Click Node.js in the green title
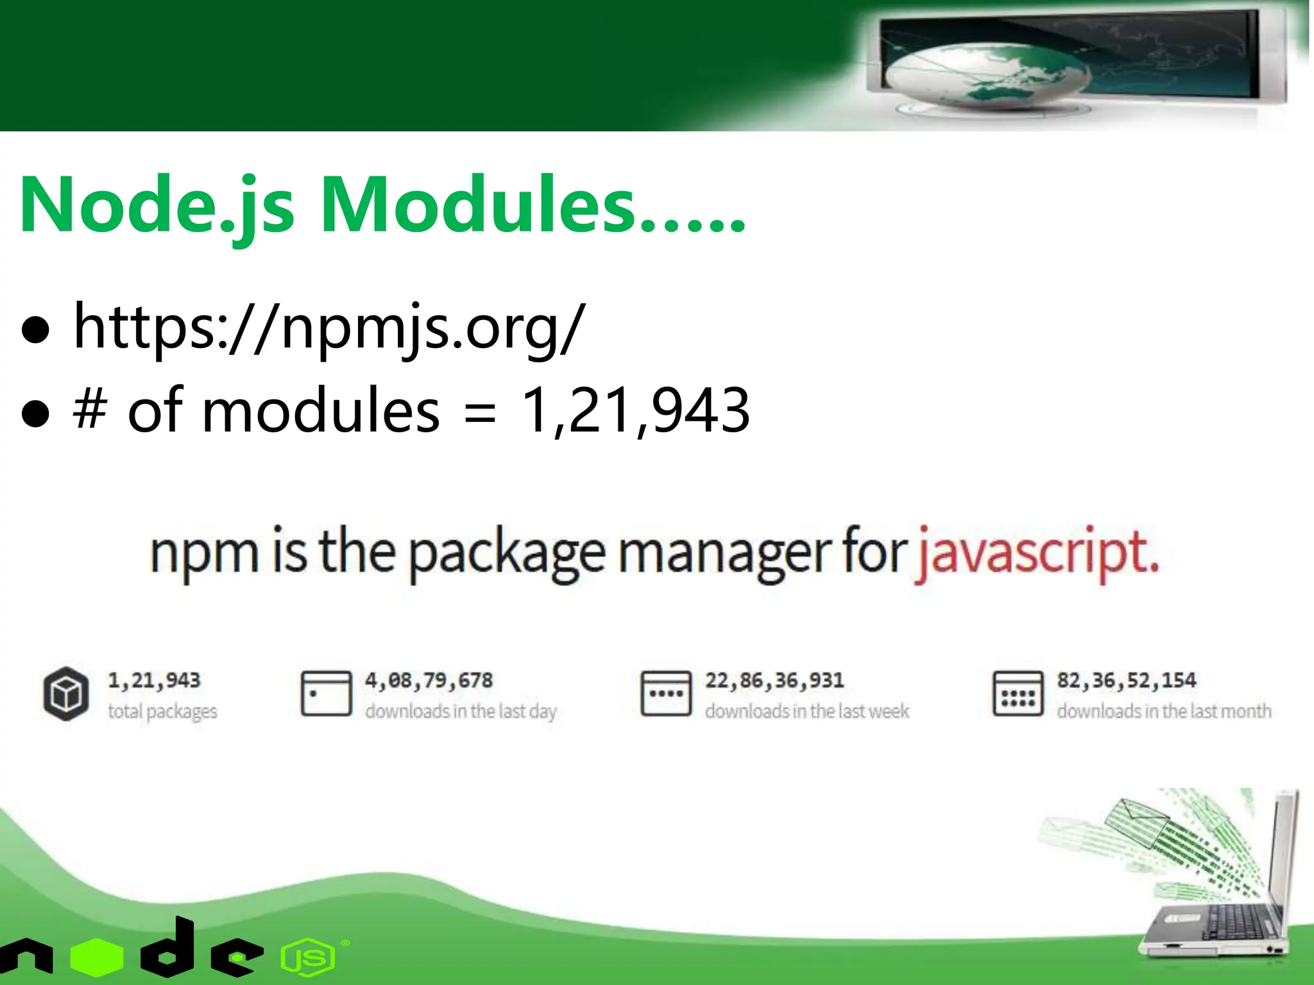(x=157, y=205)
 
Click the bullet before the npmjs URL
(x=35, y=330)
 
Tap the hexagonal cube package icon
(x=66, y=693)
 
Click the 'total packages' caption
(x=162, y=711)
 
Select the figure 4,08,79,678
(x=429, y=680)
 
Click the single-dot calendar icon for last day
(x=327, y=693)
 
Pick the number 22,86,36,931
(x=774, y=680)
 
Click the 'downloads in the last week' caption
(x=807, y=711)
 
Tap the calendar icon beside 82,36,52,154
(x=1018, y=693)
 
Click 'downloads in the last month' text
(x=1164, y=711)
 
